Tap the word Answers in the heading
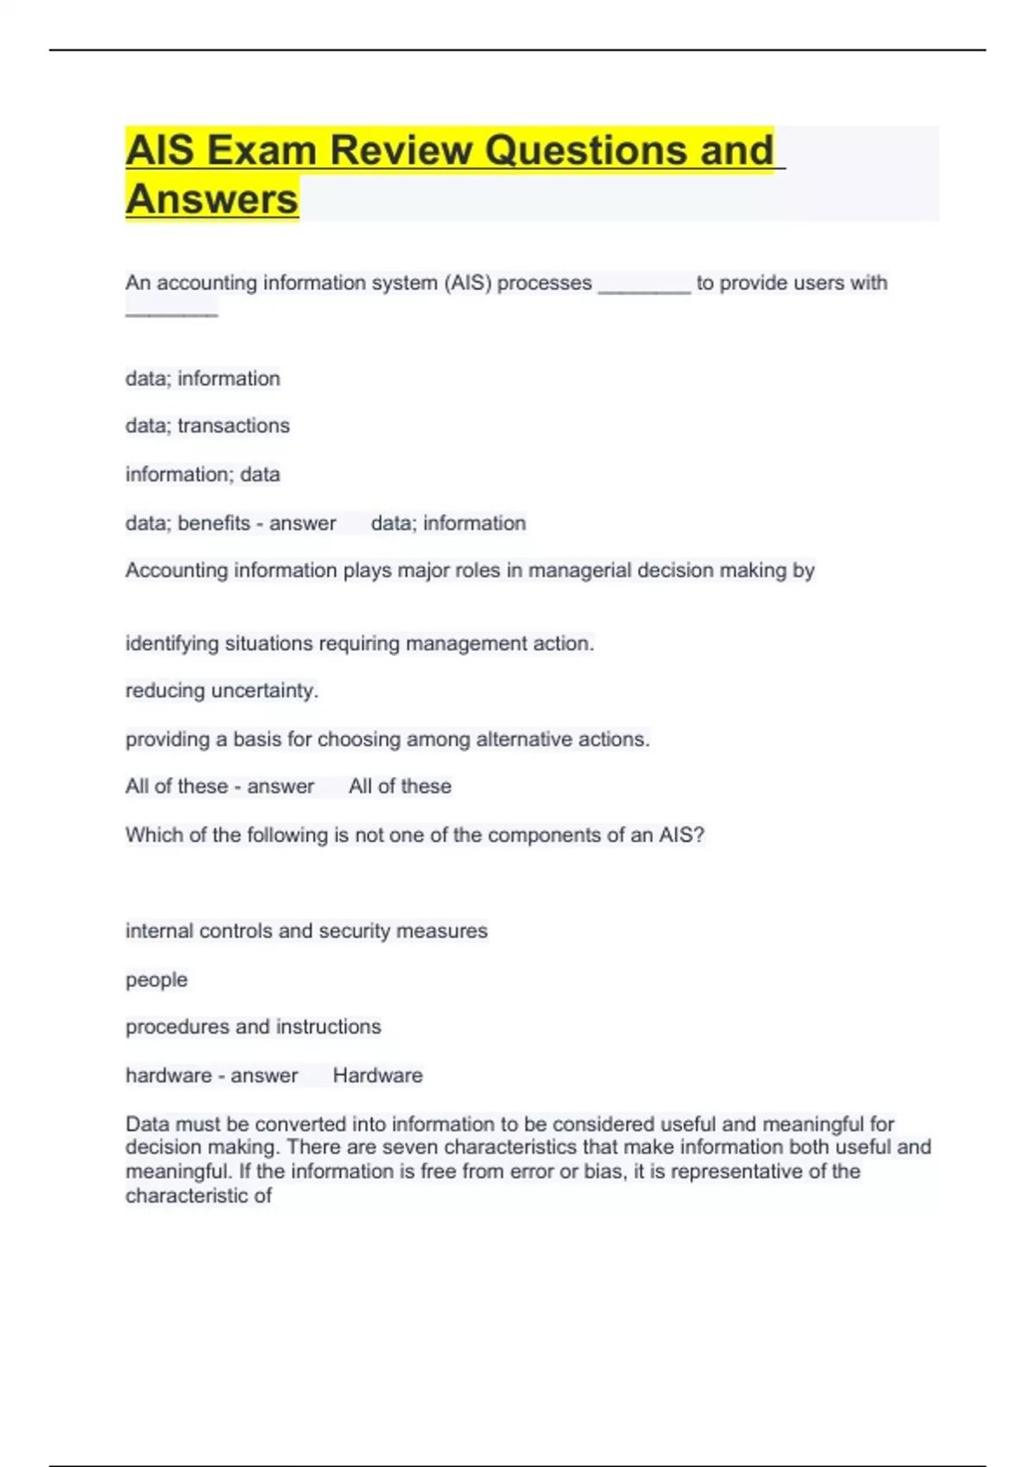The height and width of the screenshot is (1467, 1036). click(212, 199)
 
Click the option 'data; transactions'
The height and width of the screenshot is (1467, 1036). click(207, 425)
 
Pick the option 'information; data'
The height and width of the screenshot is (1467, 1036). click(203, 474)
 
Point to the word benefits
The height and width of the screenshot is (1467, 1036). click(214, 523)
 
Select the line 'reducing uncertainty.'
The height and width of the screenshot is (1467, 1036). click(222, 690)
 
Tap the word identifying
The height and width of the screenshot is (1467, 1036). click(172, 643)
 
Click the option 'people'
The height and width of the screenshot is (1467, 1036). click(156, 979)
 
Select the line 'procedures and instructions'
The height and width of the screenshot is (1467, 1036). click(253, 1027)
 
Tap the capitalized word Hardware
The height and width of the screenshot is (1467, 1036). click(378, 1075)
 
